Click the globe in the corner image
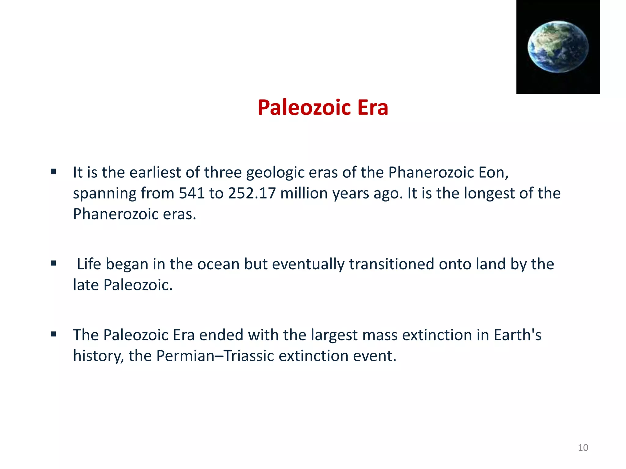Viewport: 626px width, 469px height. (558, 47)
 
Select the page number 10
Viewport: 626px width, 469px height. (583, 448)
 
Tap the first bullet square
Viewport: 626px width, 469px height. (53, 172)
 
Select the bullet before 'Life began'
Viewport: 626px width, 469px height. (53, 263)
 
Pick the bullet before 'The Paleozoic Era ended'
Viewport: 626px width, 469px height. (53, 334)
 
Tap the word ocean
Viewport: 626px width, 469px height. (218, 264)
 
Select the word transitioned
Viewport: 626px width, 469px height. (392, 264)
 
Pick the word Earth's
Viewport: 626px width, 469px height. (517, 335)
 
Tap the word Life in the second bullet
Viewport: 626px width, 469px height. (89, 264)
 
